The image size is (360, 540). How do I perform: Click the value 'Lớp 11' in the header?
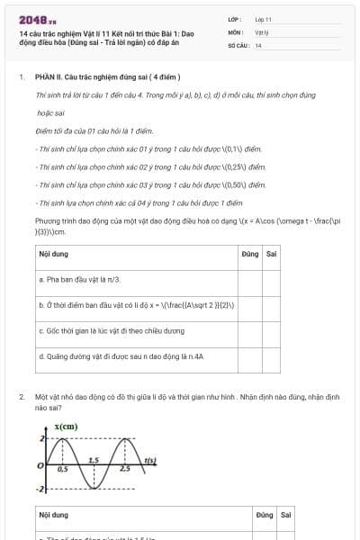(x=263, y=19)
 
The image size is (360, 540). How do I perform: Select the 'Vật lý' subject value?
(x=262, y=31)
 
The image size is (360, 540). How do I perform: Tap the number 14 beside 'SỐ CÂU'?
(x=258, y=44)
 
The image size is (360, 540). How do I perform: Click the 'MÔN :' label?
(x=237, y=31)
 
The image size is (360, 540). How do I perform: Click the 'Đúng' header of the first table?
(x=250, y=254)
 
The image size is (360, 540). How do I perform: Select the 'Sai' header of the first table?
(x=271, y=254)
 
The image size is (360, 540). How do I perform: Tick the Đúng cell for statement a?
(x=250, y=280)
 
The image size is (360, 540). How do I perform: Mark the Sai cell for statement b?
(x=271, y=305)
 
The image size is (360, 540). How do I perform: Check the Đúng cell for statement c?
(x=250, y=330)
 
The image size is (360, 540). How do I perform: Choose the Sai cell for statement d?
(x=271, y=356)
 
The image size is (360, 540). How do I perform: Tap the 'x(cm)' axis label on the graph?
(x=66, y=426)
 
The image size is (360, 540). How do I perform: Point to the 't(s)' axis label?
(x=150, y=461)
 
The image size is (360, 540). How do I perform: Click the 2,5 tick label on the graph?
(x=124, y=470)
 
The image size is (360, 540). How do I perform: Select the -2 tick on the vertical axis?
(x=40, y=489)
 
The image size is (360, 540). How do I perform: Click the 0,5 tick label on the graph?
(x=62, y=470)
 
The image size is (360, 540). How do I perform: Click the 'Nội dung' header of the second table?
(x=53, y=515)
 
